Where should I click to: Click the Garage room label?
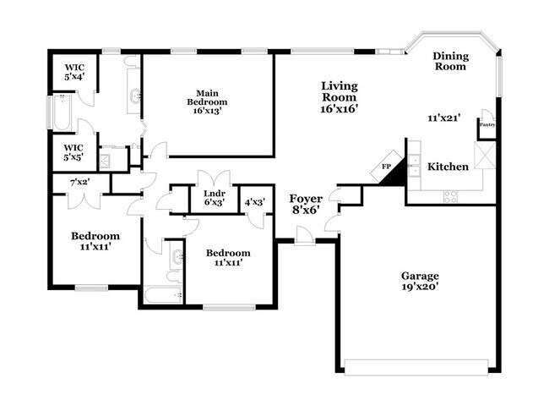[x=419, y=276]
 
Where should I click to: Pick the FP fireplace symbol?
[x=387, y=167]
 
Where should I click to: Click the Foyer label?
[x=306, y=199]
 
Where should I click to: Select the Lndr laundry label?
[x=214, y=194]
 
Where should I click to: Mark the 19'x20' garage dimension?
[x=419, y=288]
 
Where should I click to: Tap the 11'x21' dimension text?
[x=444, y=118]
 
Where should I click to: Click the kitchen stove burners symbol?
[x=451, y=196]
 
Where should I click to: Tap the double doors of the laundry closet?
[x=213, y=178]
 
